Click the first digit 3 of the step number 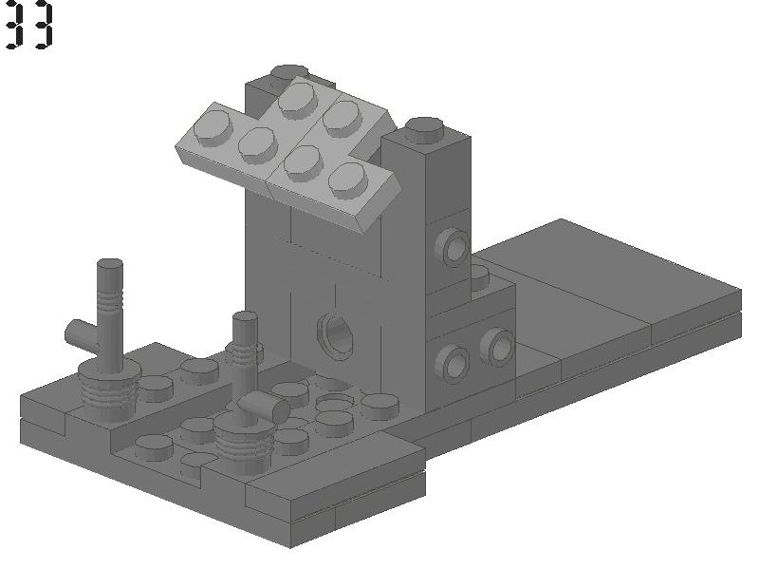pyautogui.click(x=14, y=25)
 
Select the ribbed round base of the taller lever pyautogui.click(x=109, y=391)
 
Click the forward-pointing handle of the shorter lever pyautogui.click(x=264, y=407)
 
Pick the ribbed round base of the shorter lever pyautogui.click(x=244, y=442)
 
